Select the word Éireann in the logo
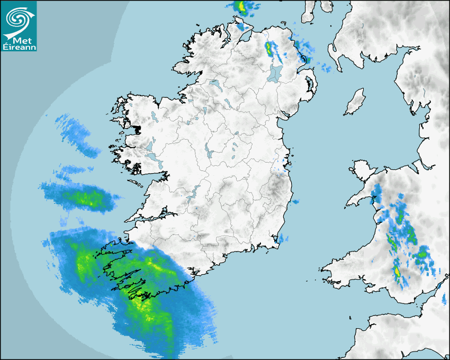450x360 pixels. click(x=19, y=48)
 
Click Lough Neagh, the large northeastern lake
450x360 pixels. click(x=275, y=73)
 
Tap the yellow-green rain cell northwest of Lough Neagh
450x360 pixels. click(x=268, y=49)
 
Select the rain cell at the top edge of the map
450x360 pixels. click(x=242, y=7)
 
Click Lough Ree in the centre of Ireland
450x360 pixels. click(x=209, y=152)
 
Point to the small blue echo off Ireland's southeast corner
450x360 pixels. click(x=282, y=238)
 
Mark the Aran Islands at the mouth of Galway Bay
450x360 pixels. click(x=137, y=184)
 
